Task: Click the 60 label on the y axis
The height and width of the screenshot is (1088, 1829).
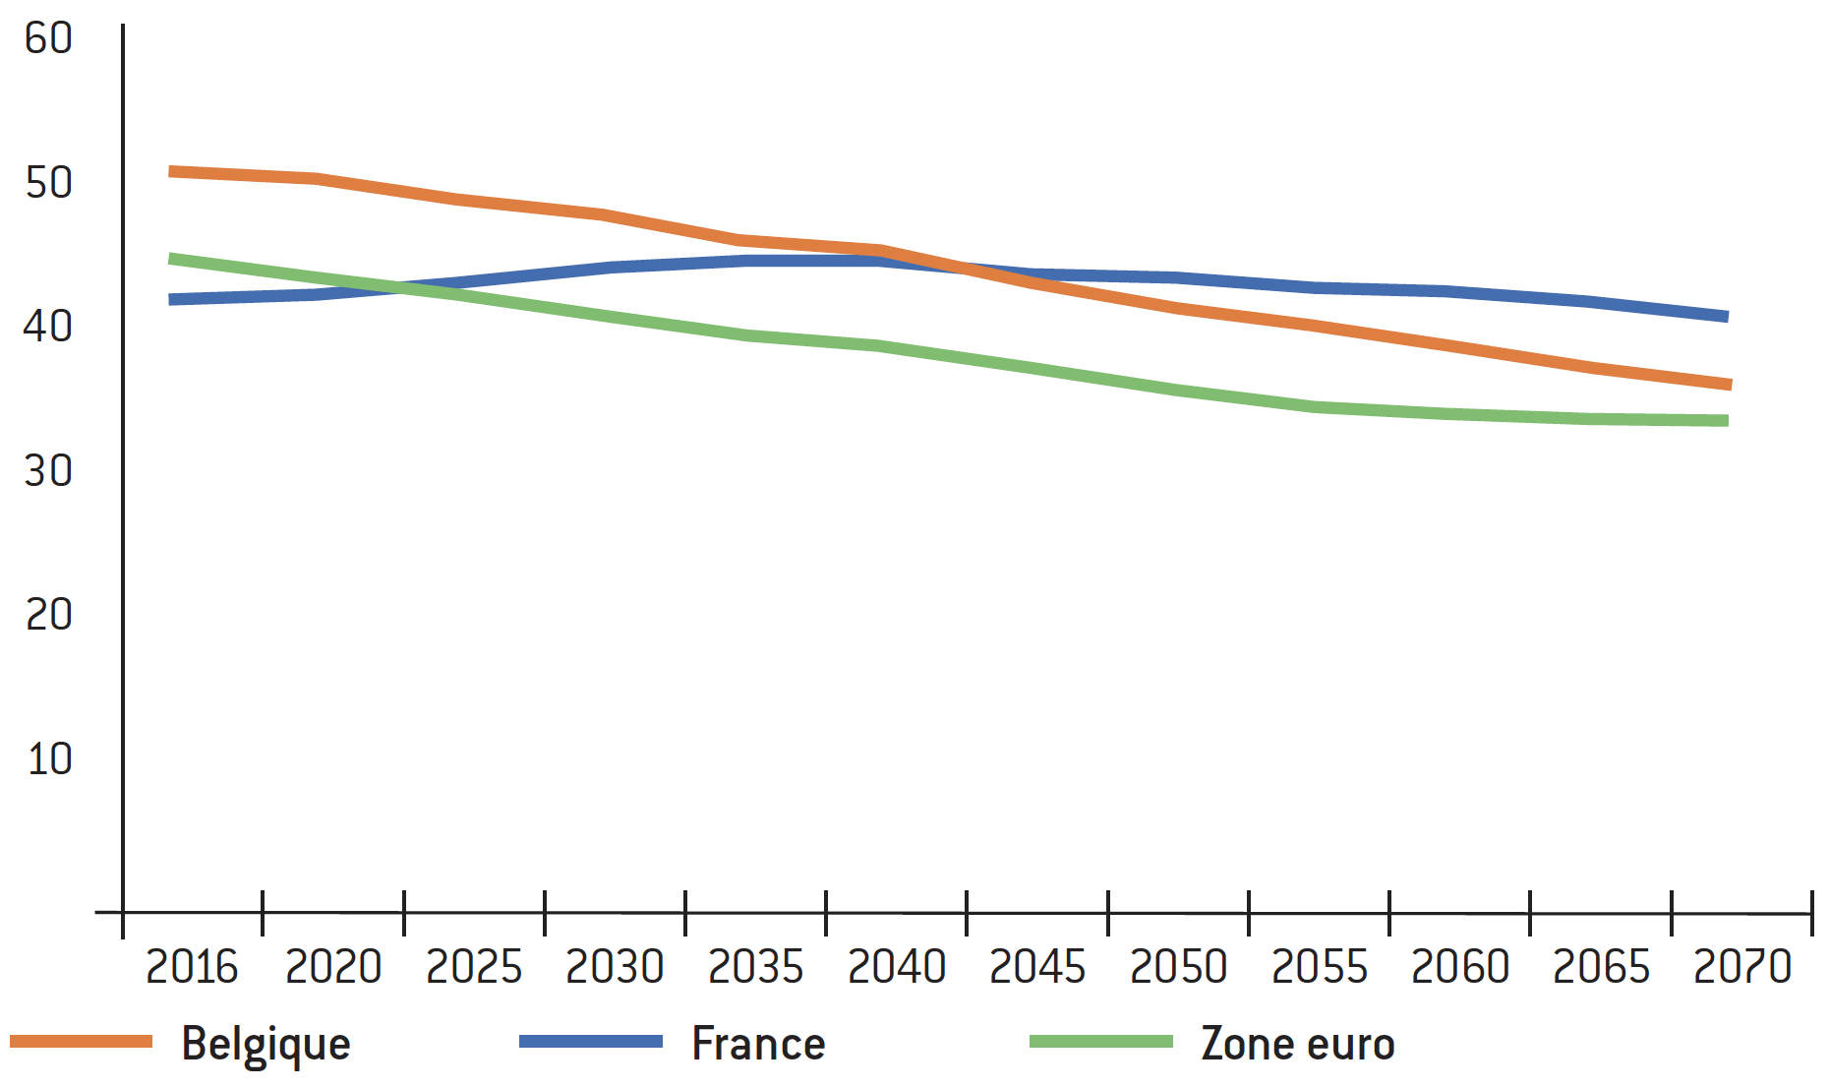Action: (49, 39)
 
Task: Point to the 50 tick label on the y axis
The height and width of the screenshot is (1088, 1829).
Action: (49, 183)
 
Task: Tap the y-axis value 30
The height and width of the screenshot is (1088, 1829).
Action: (49, 471)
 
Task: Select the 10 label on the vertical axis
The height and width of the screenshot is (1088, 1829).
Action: (49, 759)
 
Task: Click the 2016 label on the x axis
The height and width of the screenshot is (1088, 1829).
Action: (192, 967)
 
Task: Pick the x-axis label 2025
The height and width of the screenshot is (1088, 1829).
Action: (474, 967)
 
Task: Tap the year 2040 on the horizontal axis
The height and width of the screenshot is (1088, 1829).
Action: (897, 967)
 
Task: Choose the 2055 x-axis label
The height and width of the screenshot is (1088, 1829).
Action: (1320, 967)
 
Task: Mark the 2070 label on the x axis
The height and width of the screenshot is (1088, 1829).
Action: (1742, 967)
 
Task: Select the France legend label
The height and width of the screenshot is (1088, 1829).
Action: (758, 1044)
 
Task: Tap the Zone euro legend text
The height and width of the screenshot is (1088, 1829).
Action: (1298, 1044)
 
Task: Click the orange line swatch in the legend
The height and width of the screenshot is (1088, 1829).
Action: (82, 1042)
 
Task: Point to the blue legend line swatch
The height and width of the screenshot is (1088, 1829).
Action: (591, 1042)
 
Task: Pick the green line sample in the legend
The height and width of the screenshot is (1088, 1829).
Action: (1101, 1042)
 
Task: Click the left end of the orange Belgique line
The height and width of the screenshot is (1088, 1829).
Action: (170, 172)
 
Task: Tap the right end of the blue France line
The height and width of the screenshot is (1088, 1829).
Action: (1728, 317)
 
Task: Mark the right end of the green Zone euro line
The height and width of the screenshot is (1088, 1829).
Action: (1728, 421)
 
